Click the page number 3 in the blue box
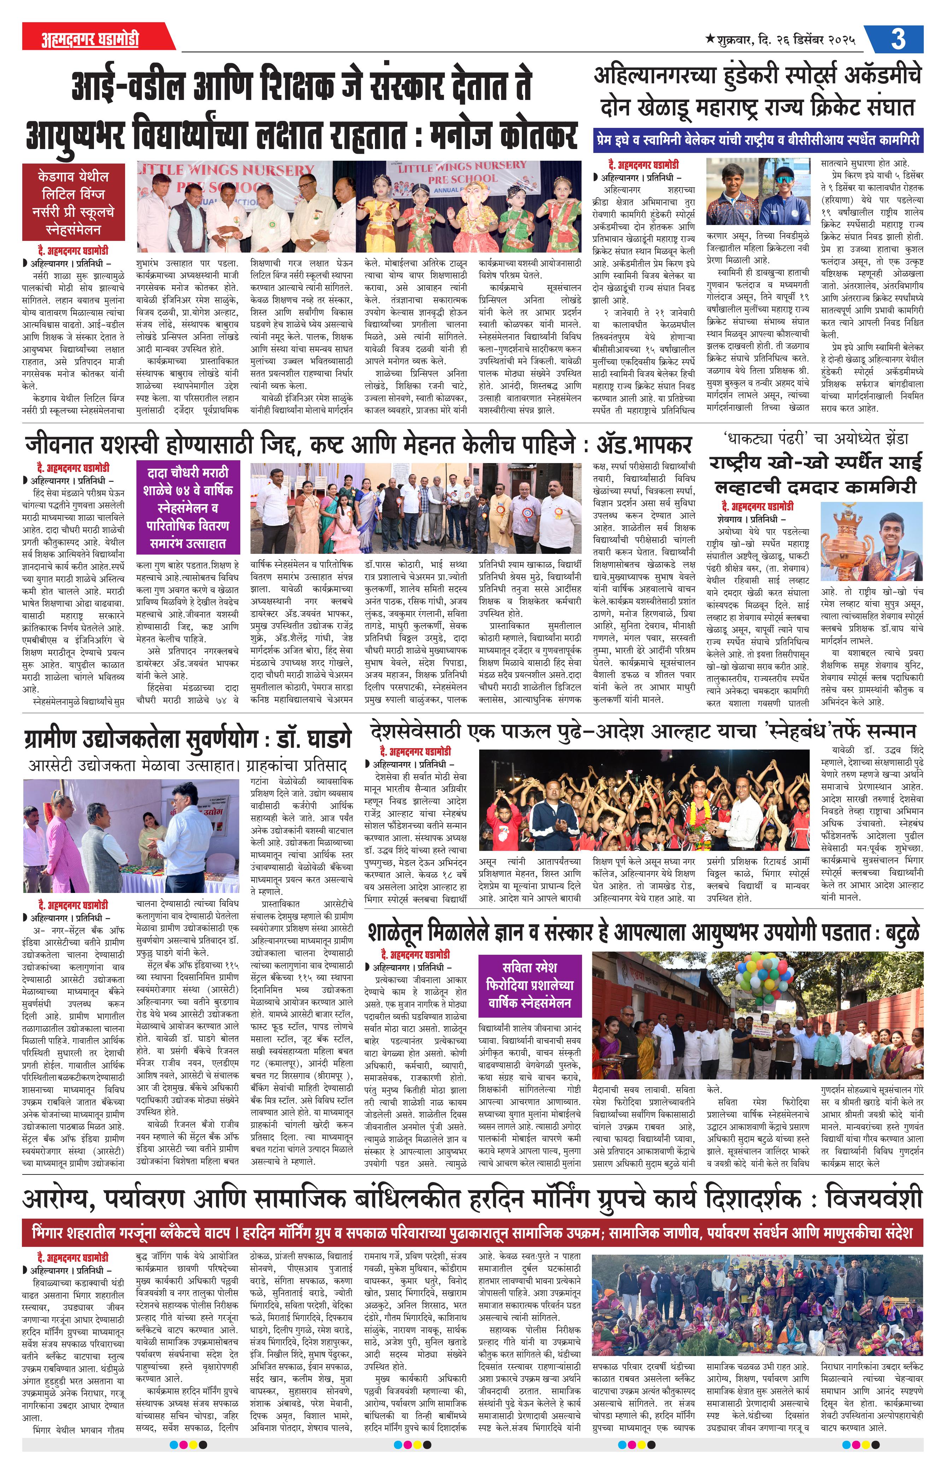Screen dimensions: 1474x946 click(898, 39)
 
